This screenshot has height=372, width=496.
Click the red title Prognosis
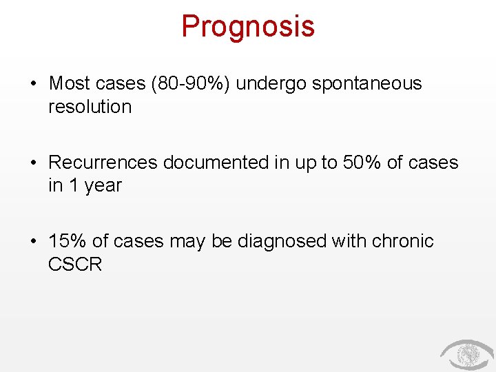(x=248, y=27)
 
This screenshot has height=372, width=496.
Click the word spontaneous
(x=366, y=84)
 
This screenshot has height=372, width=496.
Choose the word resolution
(x=90, y=107)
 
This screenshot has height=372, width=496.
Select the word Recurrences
(x=103, y=163)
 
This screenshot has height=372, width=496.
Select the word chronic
(x=403, y=241)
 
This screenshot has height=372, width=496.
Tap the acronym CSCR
(x=75, y=265)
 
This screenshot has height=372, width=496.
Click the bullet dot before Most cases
(x=33, y=84)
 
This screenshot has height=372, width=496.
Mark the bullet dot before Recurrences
(x=33, y=163)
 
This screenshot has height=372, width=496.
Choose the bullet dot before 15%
(x=33, y=242)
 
